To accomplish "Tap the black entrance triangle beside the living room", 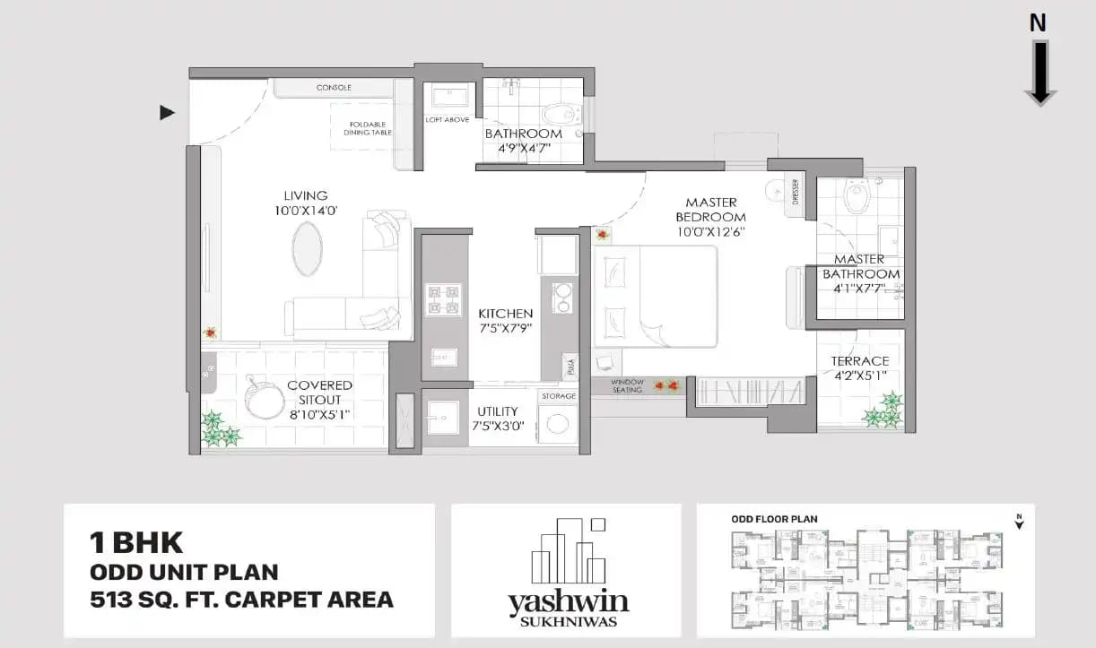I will [x=166, y=113].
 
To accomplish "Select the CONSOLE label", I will [x=334, y=88].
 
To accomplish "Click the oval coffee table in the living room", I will [x=306, y=248].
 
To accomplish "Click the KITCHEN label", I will [x=505, y=314].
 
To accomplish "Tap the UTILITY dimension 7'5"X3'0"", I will [x=498, y=427].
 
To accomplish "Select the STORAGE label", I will [x=557, y=395].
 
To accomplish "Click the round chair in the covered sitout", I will [x=264, y=394].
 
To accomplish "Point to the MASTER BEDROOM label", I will [x=710, y=210].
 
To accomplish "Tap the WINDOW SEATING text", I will [x=628, y=384].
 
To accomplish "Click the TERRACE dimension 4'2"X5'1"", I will [x=860, y=376].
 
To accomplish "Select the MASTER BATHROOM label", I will [x=861, y=266].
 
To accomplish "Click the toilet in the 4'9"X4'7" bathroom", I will [x=561, y=115].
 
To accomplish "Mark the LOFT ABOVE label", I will [x=447, y=120].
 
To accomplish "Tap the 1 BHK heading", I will [x=136, y=543].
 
